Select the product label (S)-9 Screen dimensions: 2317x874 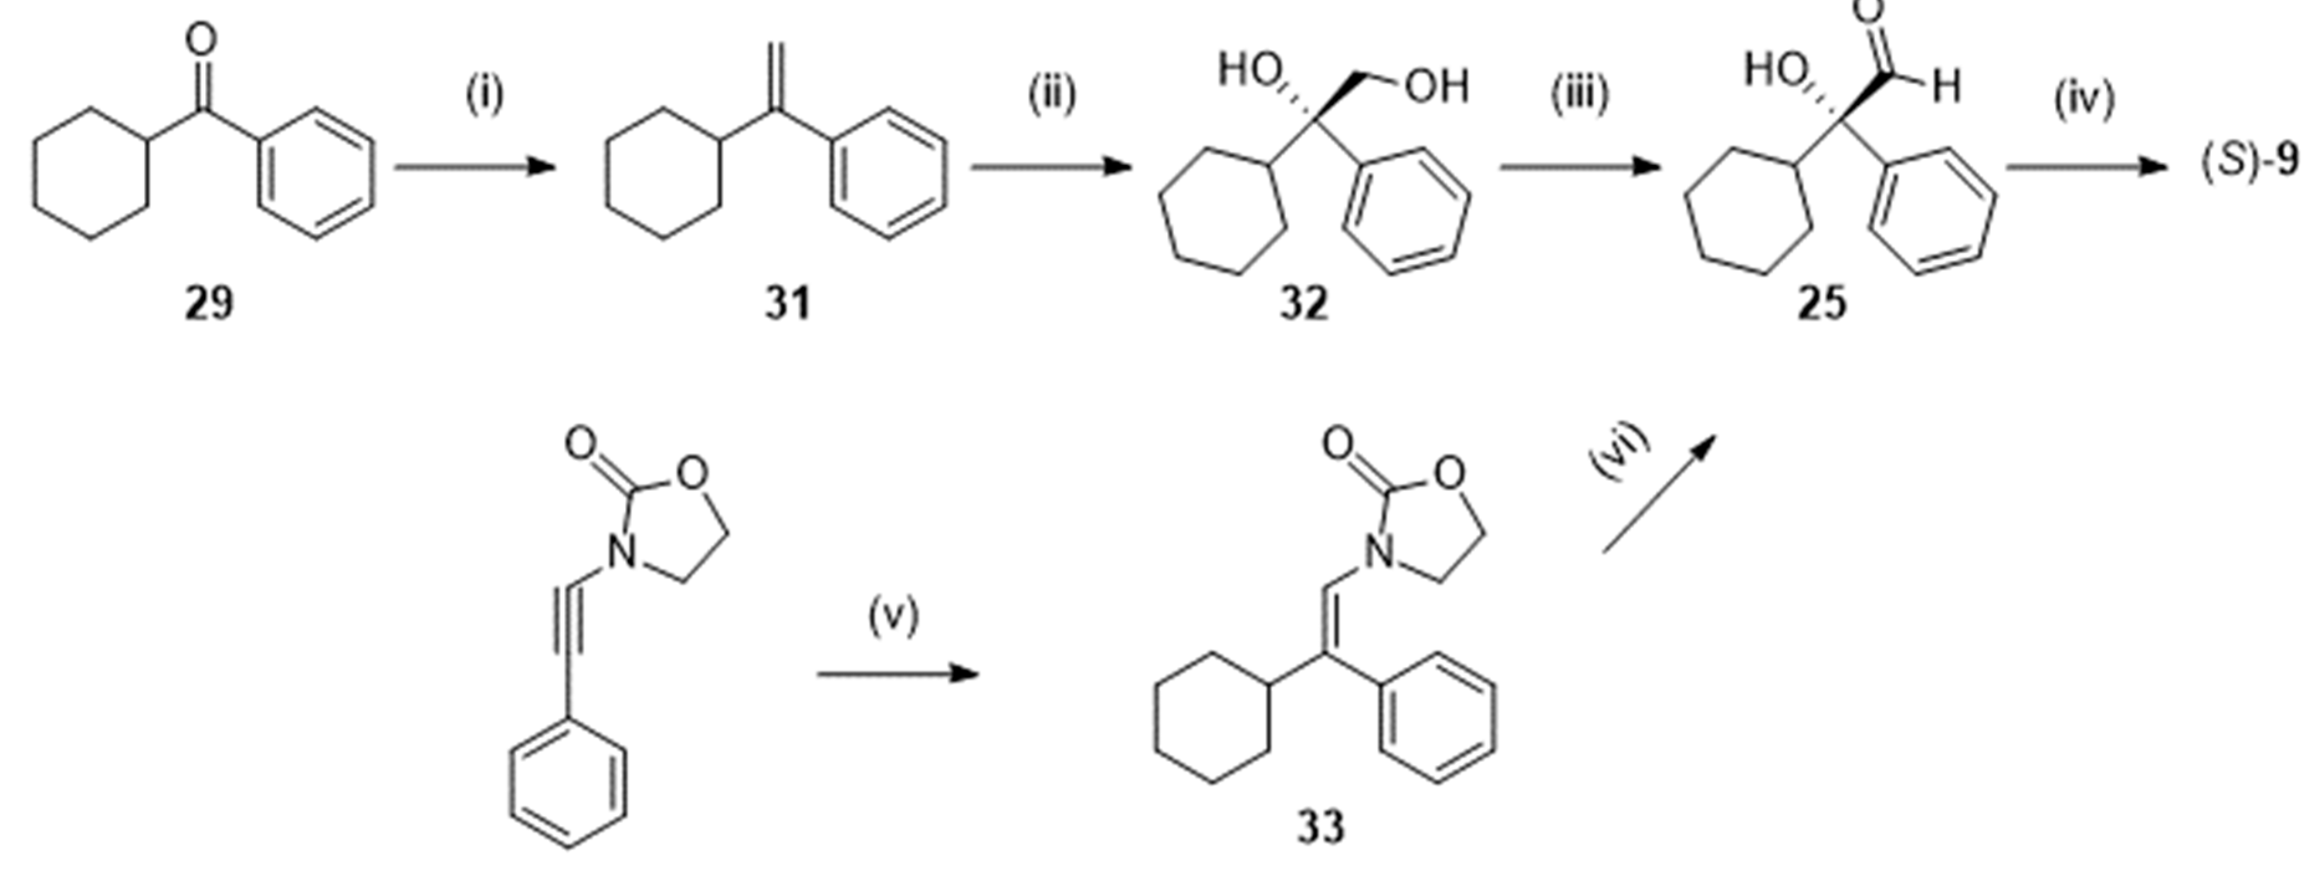pyautogui.click(x=2249, y=162)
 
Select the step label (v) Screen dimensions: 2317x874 pyautogui.click(x=893, y=617)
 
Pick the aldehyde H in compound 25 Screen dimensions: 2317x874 pyautogui.click(x=1945, y=87)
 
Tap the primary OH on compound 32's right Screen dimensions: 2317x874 pyautogui.click(x=1436, y=87)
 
